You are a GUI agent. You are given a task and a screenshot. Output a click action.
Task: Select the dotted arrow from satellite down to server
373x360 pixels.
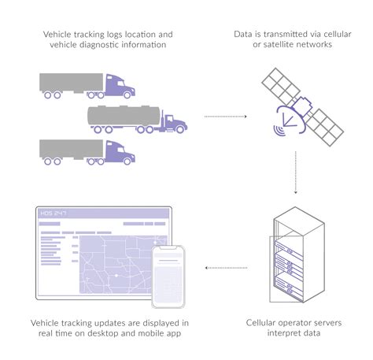point(295,169)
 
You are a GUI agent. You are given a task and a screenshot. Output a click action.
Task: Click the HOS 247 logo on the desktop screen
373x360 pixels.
point(54,213)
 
